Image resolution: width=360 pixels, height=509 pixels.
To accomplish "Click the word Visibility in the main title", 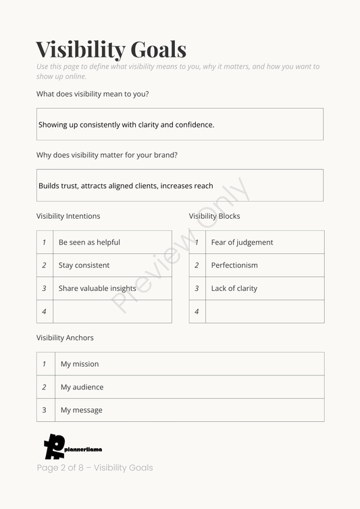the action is coord(80,49).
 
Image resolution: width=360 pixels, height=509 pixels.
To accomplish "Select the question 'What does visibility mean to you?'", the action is coord(93,94).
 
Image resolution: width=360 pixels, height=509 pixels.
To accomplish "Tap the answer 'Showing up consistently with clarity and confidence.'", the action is coord(126,125).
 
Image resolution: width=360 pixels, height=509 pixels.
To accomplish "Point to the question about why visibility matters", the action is coord(107,155).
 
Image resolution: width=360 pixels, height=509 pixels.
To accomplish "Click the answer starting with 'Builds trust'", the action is coord(126,186).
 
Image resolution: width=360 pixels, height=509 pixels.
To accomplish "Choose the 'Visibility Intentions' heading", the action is coord(68,216).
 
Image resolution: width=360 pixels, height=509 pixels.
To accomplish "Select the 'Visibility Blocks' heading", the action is coord(214,216).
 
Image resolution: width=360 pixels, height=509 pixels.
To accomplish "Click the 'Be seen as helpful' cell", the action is coord(89,242).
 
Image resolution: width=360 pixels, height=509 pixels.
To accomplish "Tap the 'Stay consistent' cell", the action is coord(84,265).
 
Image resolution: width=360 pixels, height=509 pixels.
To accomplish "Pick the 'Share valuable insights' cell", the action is coord(97,288).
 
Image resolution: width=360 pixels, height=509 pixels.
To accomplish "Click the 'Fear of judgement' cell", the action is coord(242,242).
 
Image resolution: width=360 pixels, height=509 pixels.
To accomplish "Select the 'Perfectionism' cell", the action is coord(234,265).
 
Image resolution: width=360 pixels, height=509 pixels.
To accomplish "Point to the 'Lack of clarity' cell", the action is coord(234,288).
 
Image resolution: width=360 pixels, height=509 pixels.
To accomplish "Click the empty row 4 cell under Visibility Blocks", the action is coord(264,311).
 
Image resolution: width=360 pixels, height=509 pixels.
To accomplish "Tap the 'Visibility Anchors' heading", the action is coord(65,338).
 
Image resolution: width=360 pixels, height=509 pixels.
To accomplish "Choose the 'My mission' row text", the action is coord(80,364).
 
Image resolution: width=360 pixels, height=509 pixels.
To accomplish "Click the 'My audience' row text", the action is coord(82,387).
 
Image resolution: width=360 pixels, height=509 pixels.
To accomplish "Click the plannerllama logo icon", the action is coord(54,446).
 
